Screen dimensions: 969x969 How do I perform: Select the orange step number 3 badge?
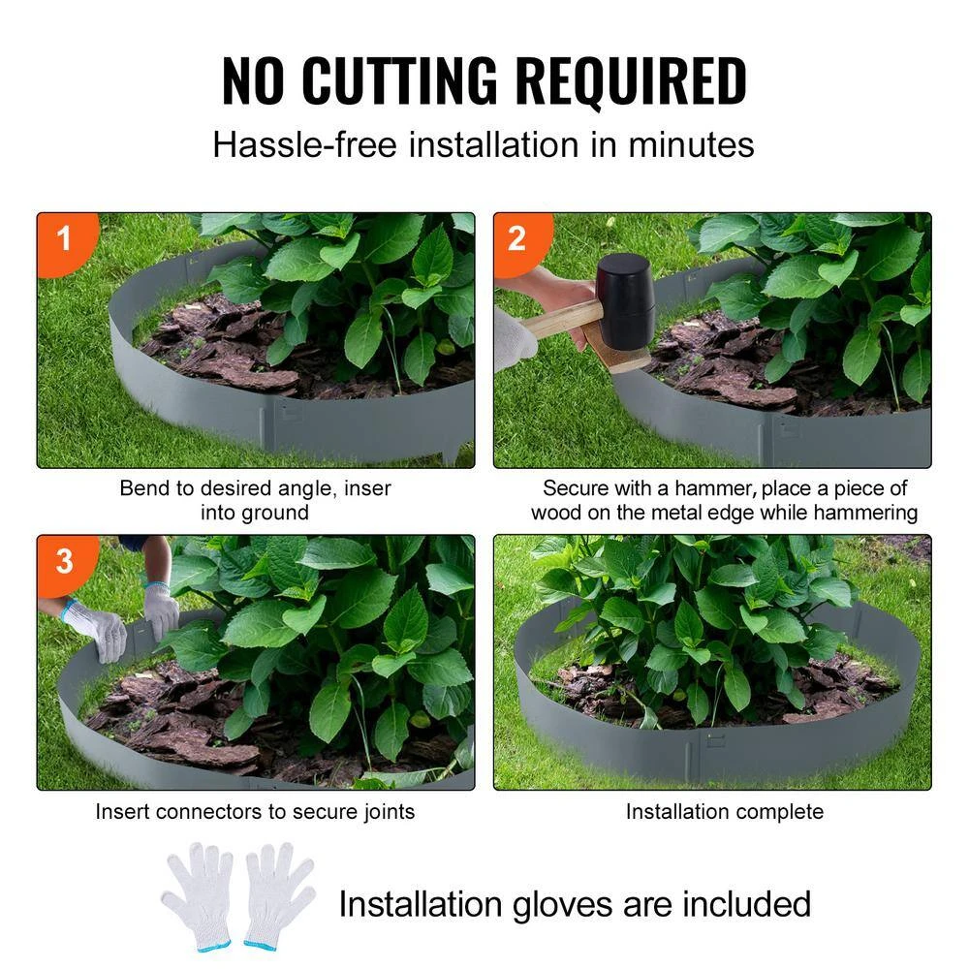(x=64, y=561)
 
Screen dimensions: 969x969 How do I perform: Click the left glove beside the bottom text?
(x=199, y=896)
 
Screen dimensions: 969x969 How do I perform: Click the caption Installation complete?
(x=724, y=811)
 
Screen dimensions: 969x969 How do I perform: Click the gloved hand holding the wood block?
(x=514, y=339)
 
